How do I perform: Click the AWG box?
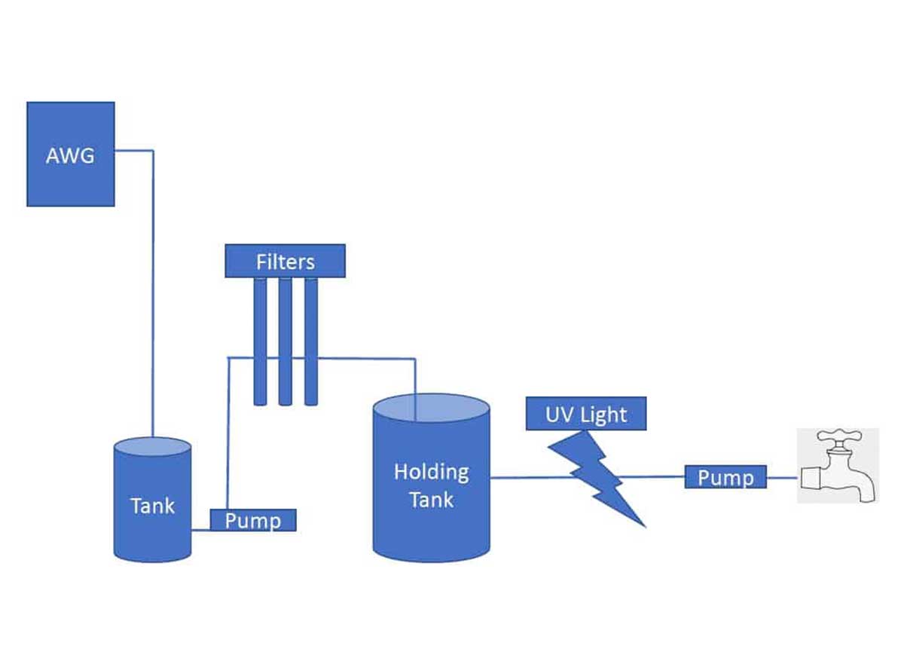[x=70, y=154]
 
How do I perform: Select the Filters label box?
[x=285, y=261]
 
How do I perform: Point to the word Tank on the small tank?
[x=152, y=506]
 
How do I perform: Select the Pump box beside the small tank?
[x=252, y=520]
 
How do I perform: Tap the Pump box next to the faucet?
[x=725, y=477]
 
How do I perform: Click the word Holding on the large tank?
[x=431, y=473]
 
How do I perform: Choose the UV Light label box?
[x=586, y=414]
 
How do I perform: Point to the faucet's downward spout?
[x=864, y=491]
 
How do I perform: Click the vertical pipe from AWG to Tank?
[x=154, y=301]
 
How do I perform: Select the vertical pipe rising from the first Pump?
[x=228, y=437]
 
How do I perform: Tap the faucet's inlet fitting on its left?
[x=812, y=478]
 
